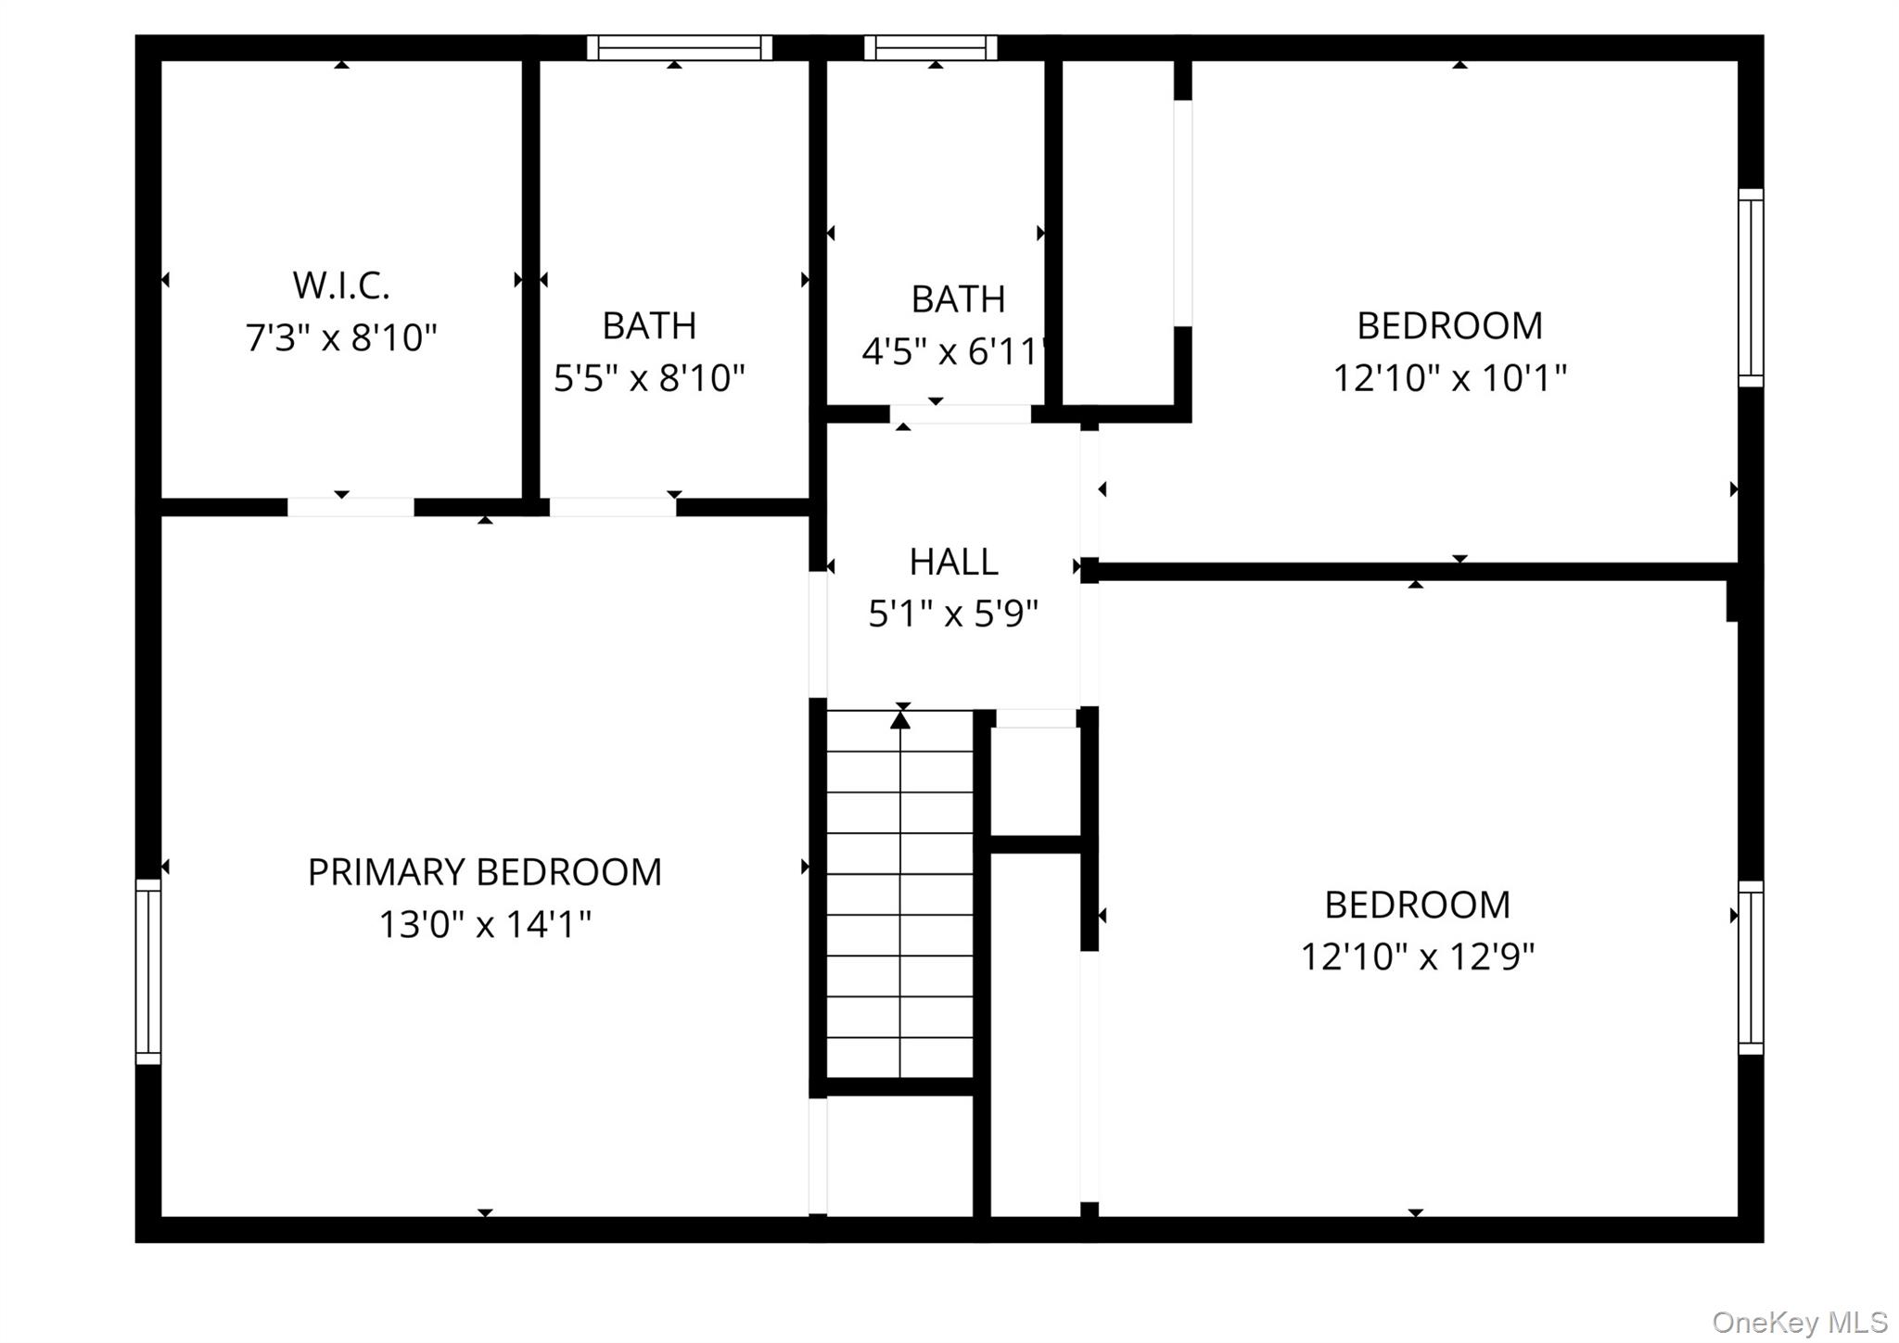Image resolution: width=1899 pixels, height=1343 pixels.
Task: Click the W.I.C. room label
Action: (341, 285)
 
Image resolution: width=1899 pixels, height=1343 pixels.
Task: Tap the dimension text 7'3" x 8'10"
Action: (341, 337)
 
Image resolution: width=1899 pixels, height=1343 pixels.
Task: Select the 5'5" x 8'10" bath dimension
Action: (649, 378)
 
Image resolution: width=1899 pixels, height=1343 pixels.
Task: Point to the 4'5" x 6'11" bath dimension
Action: (955, 352)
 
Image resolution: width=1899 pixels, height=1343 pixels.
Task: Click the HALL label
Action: (953, 562)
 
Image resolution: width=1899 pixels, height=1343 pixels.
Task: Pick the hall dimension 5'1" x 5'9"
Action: (953, 614)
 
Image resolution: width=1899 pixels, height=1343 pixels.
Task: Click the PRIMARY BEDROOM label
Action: (484, 872)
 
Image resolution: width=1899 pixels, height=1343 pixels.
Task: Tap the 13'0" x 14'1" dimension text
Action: (484, 924)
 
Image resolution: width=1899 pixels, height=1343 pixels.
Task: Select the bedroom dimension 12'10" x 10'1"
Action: (1449, 378)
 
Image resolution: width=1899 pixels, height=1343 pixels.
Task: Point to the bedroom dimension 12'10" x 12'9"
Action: (1417, 957)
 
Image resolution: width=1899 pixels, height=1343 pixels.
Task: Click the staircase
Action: (899, 894)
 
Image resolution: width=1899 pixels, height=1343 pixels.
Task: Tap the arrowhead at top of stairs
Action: (900, 719)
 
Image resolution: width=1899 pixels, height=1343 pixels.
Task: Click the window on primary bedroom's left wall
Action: (148, 971)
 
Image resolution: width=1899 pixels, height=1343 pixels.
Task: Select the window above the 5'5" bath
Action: (680, 47)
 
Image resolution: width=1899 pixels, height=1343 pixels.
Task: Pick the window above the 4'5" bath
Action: (930, 47)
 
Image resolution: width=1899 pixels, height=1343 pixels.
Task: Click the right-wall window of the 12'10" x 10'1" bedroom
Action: (1750, 287)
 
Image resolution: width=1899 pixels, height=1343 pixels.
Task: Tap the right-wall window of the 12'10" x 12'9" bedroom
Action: (1750, 968)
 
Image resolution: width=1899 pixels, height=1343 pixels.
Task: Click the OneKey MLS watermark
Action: (1799, 1322)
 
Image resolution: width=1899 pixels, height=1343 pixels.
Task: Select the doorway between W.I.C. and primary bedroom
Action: (350, 507)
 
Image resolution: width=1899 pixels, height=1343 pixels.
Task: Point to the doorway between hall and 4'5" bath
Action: (961, 414)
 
